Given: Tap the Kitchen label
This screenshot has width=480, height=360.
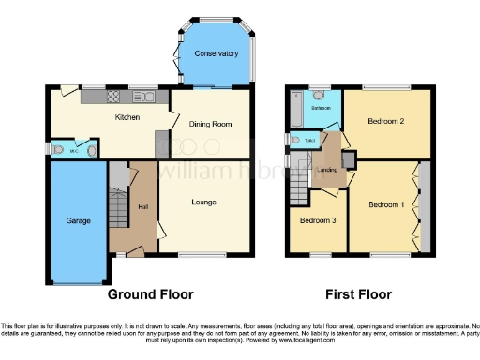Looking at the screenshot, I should tap(127, 118).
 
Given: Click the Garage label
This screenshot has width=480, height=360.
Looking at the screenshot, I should tap(77, 221).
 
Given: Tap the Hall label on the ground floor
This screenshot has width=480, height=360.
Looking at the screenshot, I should tap(143, 206).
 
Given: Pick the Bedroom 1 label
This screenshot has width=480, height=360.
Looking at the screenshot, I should tap(383, 205).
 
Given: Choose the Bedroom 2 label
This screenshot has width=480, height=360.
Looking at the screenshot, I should tap(385, 121).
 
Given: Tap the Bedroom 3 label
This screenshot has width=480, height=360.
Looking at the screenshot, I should tap(316, 221).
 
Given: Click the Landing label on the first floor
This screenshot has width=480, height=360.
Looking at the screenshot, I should tap(327, 170).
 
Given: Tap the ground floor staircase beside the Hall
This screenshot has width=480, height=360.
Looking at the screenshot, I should tap(119, 201).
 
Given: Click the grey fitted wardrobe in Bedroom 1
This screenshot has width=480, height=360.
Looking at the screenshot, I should tap(424, 206).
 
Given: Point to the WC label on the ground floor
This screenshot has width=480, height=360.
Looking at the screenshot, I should tap(74, 150).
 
